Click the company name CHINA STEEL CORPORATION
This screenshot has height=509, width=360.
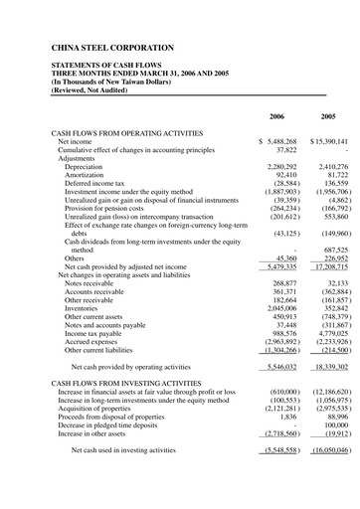coord(111,48)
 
